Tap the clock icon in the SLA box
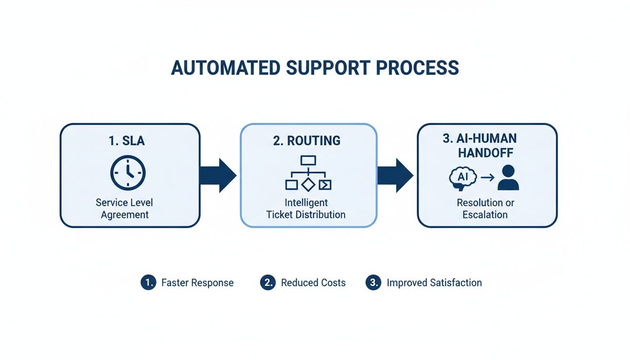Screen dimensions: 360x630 pyautogui.click(x=128, y=173)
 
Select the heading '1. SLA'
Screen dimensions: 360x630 pyautogui.click(x=127, y=141)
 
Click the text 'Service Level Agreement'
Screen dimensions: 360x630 pyautogui.click(x=124, y=209)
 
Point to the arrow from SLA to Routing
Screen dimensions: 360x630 pyautogui.click(x=218, y=175)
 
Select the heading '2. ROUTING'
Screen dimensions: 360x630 pyautogui.click(x=307, y=141)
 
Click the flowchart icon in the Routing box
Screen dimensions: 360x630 pyautogui.click(x=308, y=173)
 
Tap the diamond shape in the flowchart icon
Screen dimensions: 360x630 pyautogui.click(x=308, y=185)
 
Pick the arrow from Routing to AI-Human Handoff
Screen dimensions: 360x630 pyautogui.click(x=395, y=175)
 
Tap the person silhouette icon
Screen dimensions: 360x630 pyautogui.click(x=508, y=178)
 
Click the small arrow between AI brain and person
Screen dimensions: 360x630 pyautogui.click(x=487, y=178)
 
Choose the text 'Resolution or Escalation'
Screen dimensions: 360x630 pyautogui.click(x=485, y=209)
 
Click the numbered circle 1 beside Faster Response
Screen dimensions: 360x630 pyautogui.click(x=148, y=283)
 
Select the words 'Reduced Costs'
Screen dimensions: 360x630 pyautogui.click(x=313, y=283)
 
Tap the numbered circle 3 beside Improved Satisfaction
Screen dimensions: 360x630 pyautogui.click(x=373, y=283)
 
